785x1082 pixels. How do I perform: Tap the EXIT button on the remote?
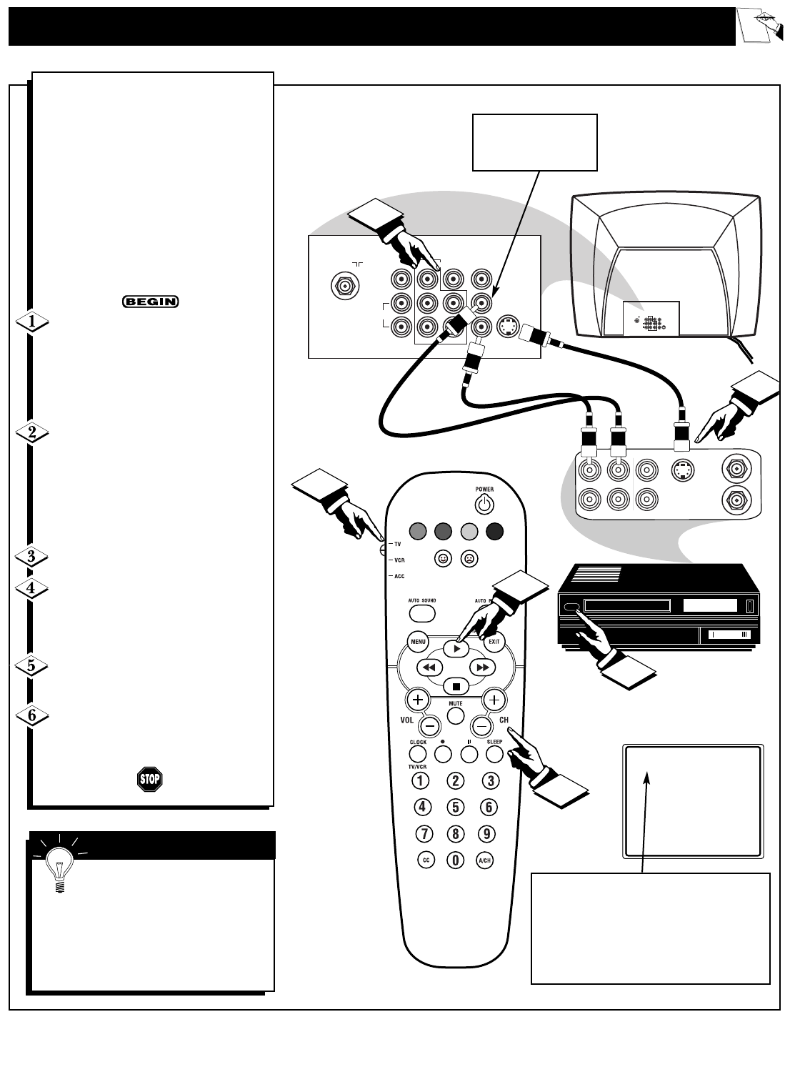click(493, 642)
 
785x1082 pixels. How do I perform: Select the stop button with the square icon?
click(455, 686)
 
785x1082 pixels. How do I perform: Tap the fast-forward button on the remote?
click(482, 667)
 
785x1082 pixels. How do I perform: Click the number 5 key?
click(456, 808)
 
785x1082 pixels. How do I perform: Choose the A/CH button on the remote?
click(485, 860)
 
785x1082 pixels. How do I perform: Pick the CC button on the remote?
click(425, 860)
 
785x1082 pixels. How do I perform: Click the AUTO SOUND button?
click(422, 612)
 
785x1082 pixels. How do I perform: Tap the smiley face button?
click(444, 559)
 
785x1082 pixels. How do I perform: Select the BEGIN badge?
click(151, 302)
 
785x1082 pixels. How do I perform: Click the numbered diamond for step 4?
click(31, 589)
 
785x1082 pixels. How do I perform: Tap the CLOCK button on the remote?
click(418, 754)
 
